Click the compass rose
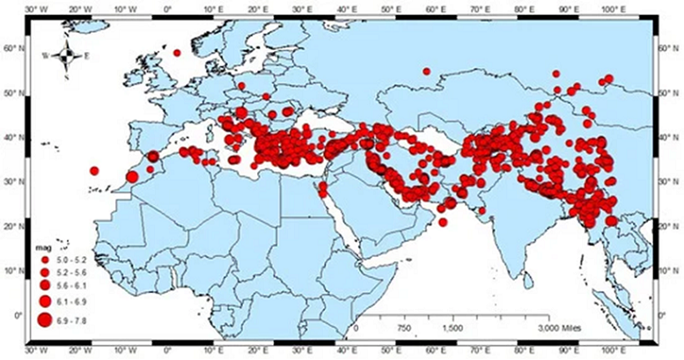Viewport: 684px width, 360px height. pyautogui.click(x=67, y=55)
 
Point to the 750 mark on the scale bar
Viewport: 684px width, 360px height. pyautogui.click(x=404, y=327)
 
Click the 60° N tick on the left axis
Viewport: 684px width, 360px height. pyautogui.click(x=11, y=49)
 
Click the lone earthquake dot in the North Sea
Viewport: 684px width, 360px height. pyautogui.click(x=177, y=53)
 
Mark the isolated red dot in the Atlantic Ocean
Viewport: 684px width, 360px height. pyautogui.click(x=94, y=171)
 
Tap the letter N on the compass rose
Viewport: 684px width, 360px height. pyautogui.click(x=67, y=41)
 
